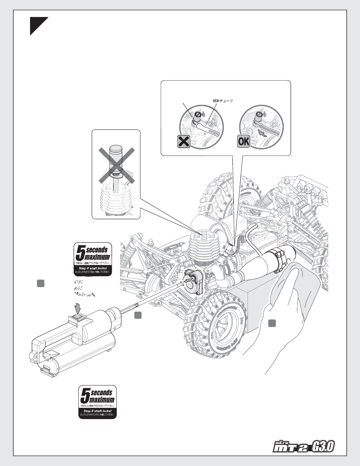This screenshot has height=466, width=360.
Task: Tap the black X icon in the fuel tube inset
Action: pos(184,142)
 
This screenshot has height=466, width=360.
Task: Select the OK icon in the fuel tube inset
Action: pos(244,142)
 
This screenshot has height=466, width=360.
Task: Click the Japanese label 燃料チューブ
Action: pos(223,101)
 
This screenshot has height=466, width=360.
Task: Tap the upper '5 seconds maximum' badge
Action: pos(92,259)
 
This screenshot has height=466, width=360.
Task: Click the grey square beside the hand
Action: pos(272,323)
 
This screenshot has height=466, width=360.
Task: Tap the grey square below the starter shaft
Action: pos(138,315)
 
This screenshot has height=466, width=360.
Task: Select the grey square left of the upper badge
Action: pos(40,283)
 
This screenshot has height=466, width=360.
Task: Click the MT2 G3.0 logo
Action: pos(303,447)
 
